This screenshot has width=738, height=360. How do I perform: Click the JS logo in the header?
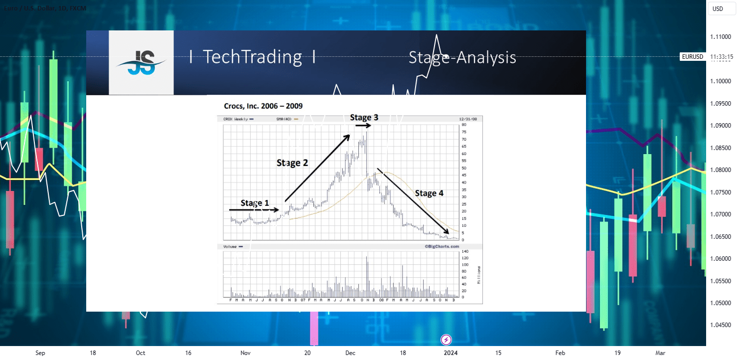point(141,63)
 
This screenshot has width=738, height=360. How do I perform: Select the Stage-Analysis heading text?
point(462,58)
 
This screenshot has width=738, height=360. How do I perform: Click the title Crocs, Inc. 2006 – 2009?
point(263,106)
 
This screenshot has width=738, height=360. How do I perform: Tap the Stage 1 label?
point(255,203)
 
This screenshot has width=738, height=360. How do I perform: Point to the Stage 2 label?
point(292,163)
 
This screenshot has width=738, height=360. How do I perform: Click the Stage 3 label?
point(364,118)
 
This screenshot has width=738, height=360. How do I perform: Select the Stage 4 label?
point(429,193)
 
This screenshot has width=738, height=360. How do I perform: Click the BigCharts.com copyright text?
point(442,246)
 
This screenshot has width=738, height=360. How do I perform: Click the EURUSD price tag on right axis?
point(693,57)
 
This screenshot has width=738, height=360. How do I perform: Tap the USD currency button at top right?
point(718,8)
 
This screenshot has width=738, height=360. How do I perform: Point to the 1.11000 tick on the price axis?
point(721,37)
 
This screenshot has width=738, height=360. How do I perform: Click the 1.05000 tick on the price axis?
point(721,303)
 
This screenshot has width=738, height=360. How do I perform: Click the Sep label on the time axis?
point(40,353)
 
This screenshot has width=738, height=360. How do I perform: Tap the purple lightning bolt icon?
point(446,340)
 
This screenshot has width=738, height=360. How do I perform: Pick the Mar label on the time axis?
point(660,353)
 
